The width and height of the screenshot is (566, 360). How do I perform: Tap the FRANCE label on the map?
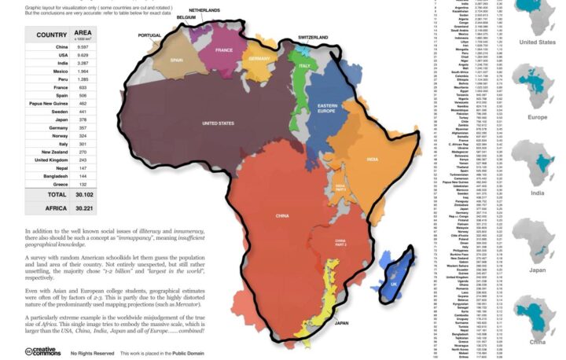(x=225, y=50)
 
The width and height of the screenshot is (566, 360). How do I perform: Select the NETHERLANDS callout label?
(x=204, y=9)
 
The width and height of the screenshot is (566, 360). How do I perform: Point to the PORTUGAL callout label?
(x=149, y=35)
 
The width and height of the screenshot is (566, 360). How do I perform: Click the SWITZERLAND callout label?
(x=313, y=37)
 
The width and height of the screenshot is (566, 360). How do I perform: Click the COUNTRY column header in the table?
(x=50, y=35)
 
